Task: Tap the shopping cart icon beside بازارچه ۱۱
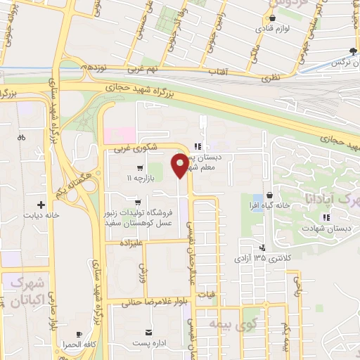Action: point(140,168)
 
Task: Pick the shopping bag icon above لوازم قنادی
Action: point(272,19)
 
